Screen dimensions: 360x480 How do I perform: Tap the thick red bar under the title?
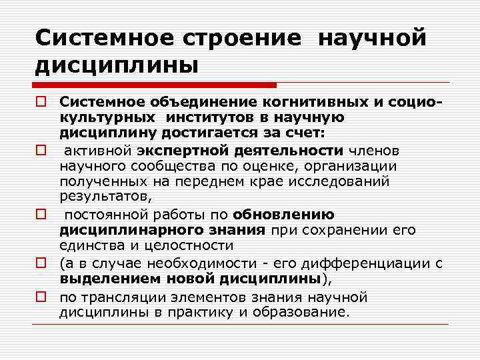pos(156,85)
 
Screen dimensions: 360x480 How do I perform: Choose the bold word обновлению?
pos(283,215)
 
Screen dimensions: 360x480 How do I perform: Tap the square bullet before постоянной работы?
pos(41,215)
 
